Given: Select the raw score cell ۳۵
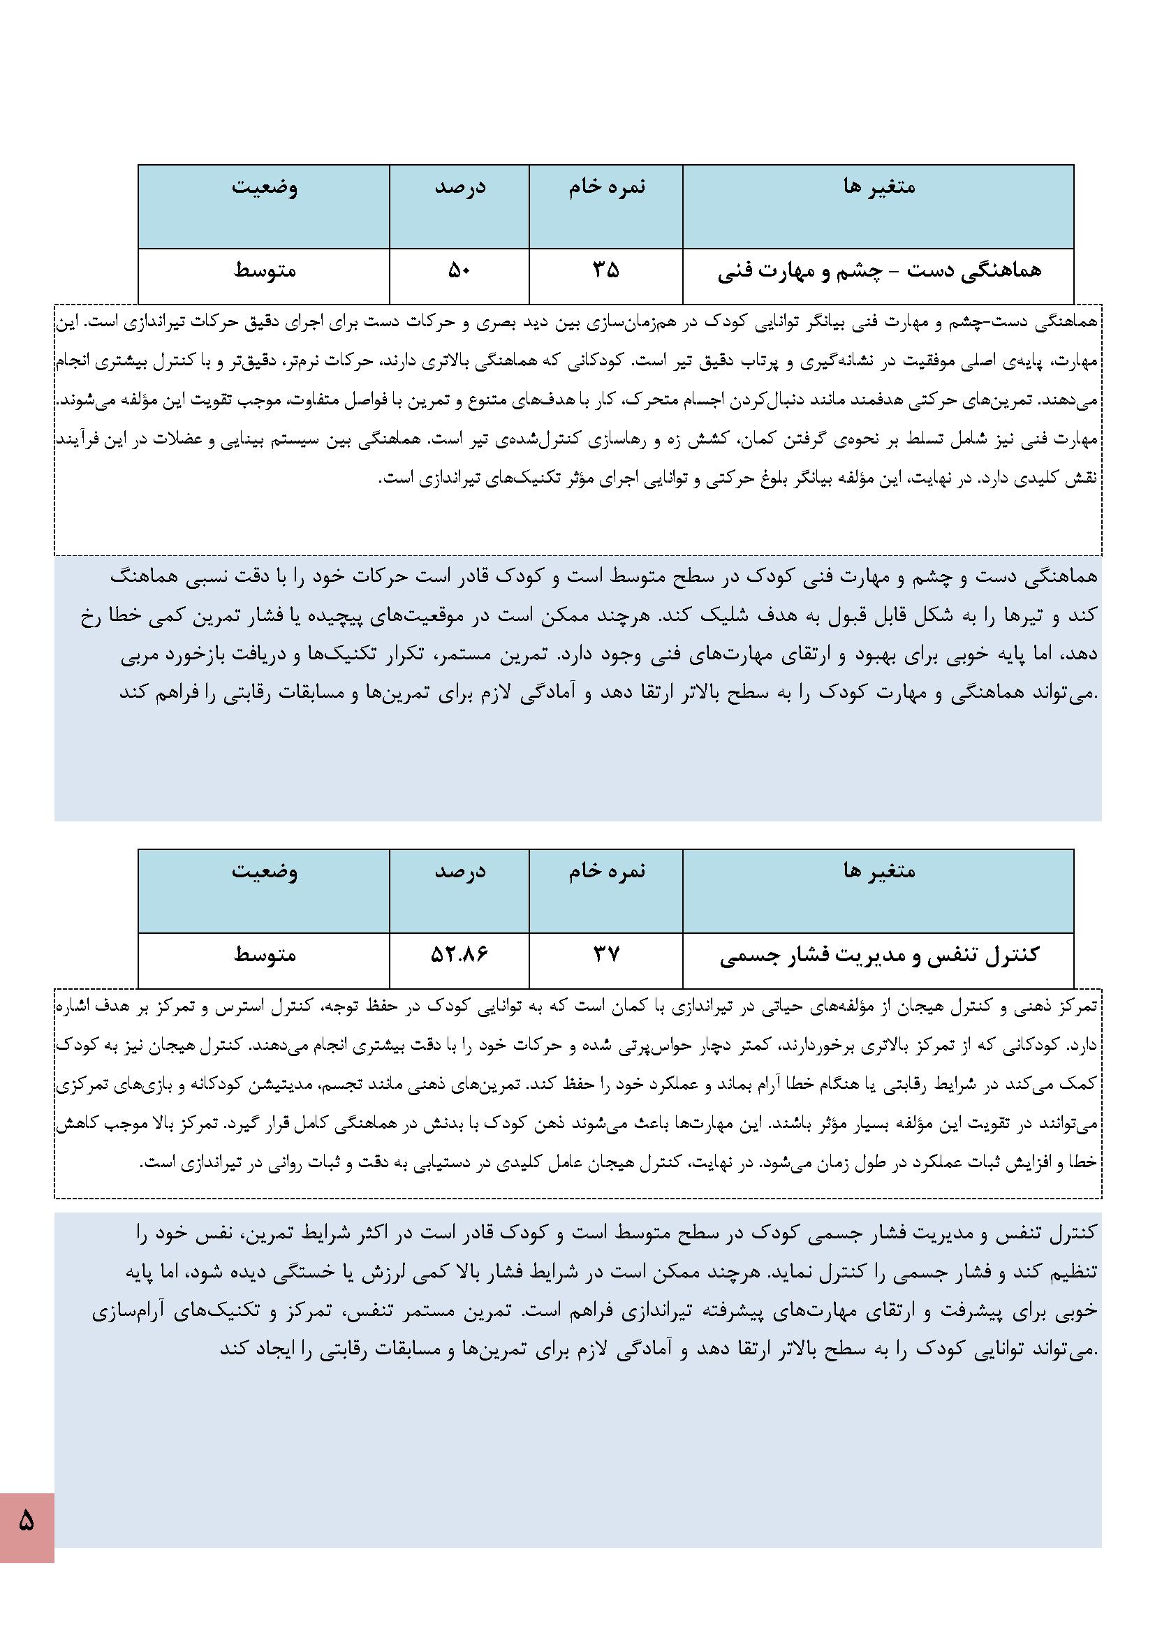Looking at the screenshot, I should (606, 270).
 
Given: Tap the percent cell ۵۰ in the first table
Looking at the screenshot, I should (459, 270).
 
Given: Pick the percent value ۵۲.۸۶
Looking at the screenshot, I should (459, 954).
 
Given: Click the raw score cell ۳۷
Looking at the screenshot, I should (606, 954).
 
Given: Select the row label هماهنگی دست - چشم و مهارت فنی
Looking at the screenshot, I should (879, 271).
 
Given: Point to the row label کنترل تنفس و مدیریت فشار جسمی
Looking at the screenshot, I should (879, 955).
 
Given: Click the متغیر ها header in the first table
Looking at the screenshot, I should (879, 187).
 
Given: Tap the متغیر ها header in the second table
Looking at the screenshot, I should (879, 870).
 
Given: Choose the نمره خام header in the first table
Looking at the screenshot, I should (607, 187).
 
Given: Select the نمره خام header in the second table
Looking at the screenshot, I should (607, 870).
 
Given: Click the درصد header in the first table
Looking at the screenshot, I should (460, 188).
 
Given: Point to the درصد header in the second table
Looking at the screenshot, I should (460, 871).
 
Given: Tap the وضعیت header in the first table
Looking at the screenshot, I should (264, 188).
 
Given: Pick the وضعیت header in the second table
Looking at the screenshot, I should (264, 871).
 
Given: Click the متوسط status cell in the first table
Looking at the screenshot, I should (265, 271).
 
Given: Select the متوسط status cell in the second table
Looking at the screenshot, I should (265, 955).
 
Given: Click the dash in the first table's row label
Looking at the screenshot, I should (891, 271).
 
